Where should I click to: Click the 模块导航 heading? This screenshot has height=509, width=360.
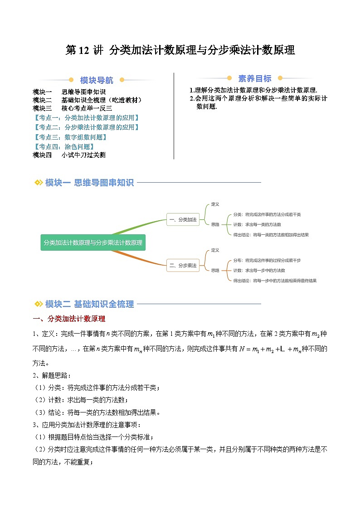[97, 80]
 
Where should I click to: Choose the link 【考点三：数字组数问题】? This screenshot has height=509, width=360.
[70, 137]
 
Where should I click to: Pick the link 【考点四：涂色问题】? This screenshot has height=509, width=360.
[64, 146]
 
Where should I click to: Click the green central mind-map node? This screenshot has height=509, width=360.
[93, 242]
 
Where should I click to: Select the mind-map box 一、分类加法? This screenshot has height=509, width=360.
[183, 219]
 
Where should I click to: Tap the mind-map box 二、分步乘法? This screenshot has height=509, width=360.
[183, 266]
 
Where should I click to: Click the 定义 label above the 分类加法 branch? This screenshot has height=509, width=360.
[215, 204]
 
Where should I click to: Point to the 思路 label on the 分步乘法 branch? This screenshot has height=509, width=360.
[215, 270]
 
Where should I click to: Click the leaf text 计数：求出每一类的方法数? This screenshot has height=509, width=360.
[257, 224]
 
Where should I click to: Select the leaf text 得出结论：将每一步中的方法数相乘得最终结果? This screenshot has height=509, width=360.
[275, 281]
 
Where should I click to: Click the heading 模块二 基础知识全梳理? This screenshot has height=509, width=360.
[89, 304]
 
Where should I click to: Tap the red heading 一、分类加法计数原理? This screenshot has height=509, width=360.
[69, 319]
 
